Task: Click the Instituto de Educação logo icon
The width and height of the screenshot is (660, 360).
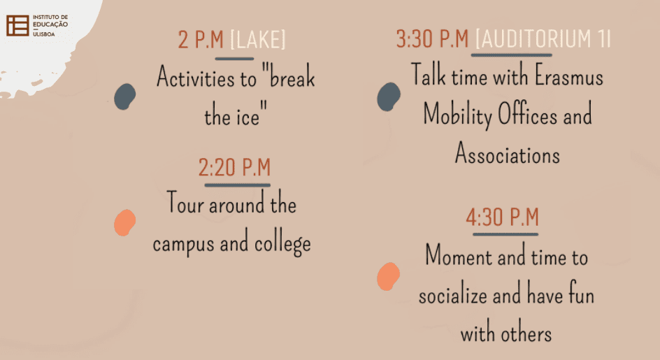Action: pos(17,26)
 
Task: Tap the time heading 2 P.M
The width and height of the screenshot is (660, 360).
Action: pos(201,40)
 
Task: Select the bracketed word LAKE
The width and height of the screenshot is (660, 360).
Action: pos(257,40)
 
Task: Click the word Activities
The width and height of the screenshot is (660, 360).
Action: pos(206,78)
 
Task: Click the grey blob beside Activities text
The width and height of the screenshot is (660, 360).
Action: pos(125,96)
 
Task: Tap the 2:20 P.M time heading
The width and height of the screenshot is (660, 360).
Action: pos(234,168)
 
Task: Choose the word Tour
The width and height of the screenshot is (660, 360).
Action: pos(185,203)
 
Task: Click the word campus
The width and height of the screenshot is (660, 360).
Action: pos(183,244)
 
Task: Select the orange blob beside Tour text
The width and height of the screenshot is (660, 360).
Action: pos(125,222)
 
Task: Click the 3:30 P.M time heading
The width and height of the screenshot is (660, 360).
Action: pos(432,38)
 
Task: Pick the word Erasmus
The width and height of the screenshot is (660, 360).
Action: pos(568,75)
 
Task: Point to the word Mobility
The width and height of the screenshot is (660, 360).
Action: pos(457,115)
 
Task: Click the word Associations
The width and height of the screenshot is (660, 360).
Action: pos(508,153)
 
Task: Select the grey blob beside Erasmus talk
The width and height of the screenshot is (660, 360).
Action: pos(389,97)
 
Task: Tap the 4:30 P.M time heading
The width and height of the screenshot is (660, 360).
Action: pos(502,217)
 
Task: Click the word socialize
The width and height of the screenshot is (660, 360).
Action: pos(453,295)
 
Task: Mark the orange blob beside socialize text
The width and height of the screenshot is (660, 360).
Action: pos(388,277)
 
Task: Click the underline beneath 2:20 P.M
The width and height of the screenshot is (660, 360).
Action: pos(238,185)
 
